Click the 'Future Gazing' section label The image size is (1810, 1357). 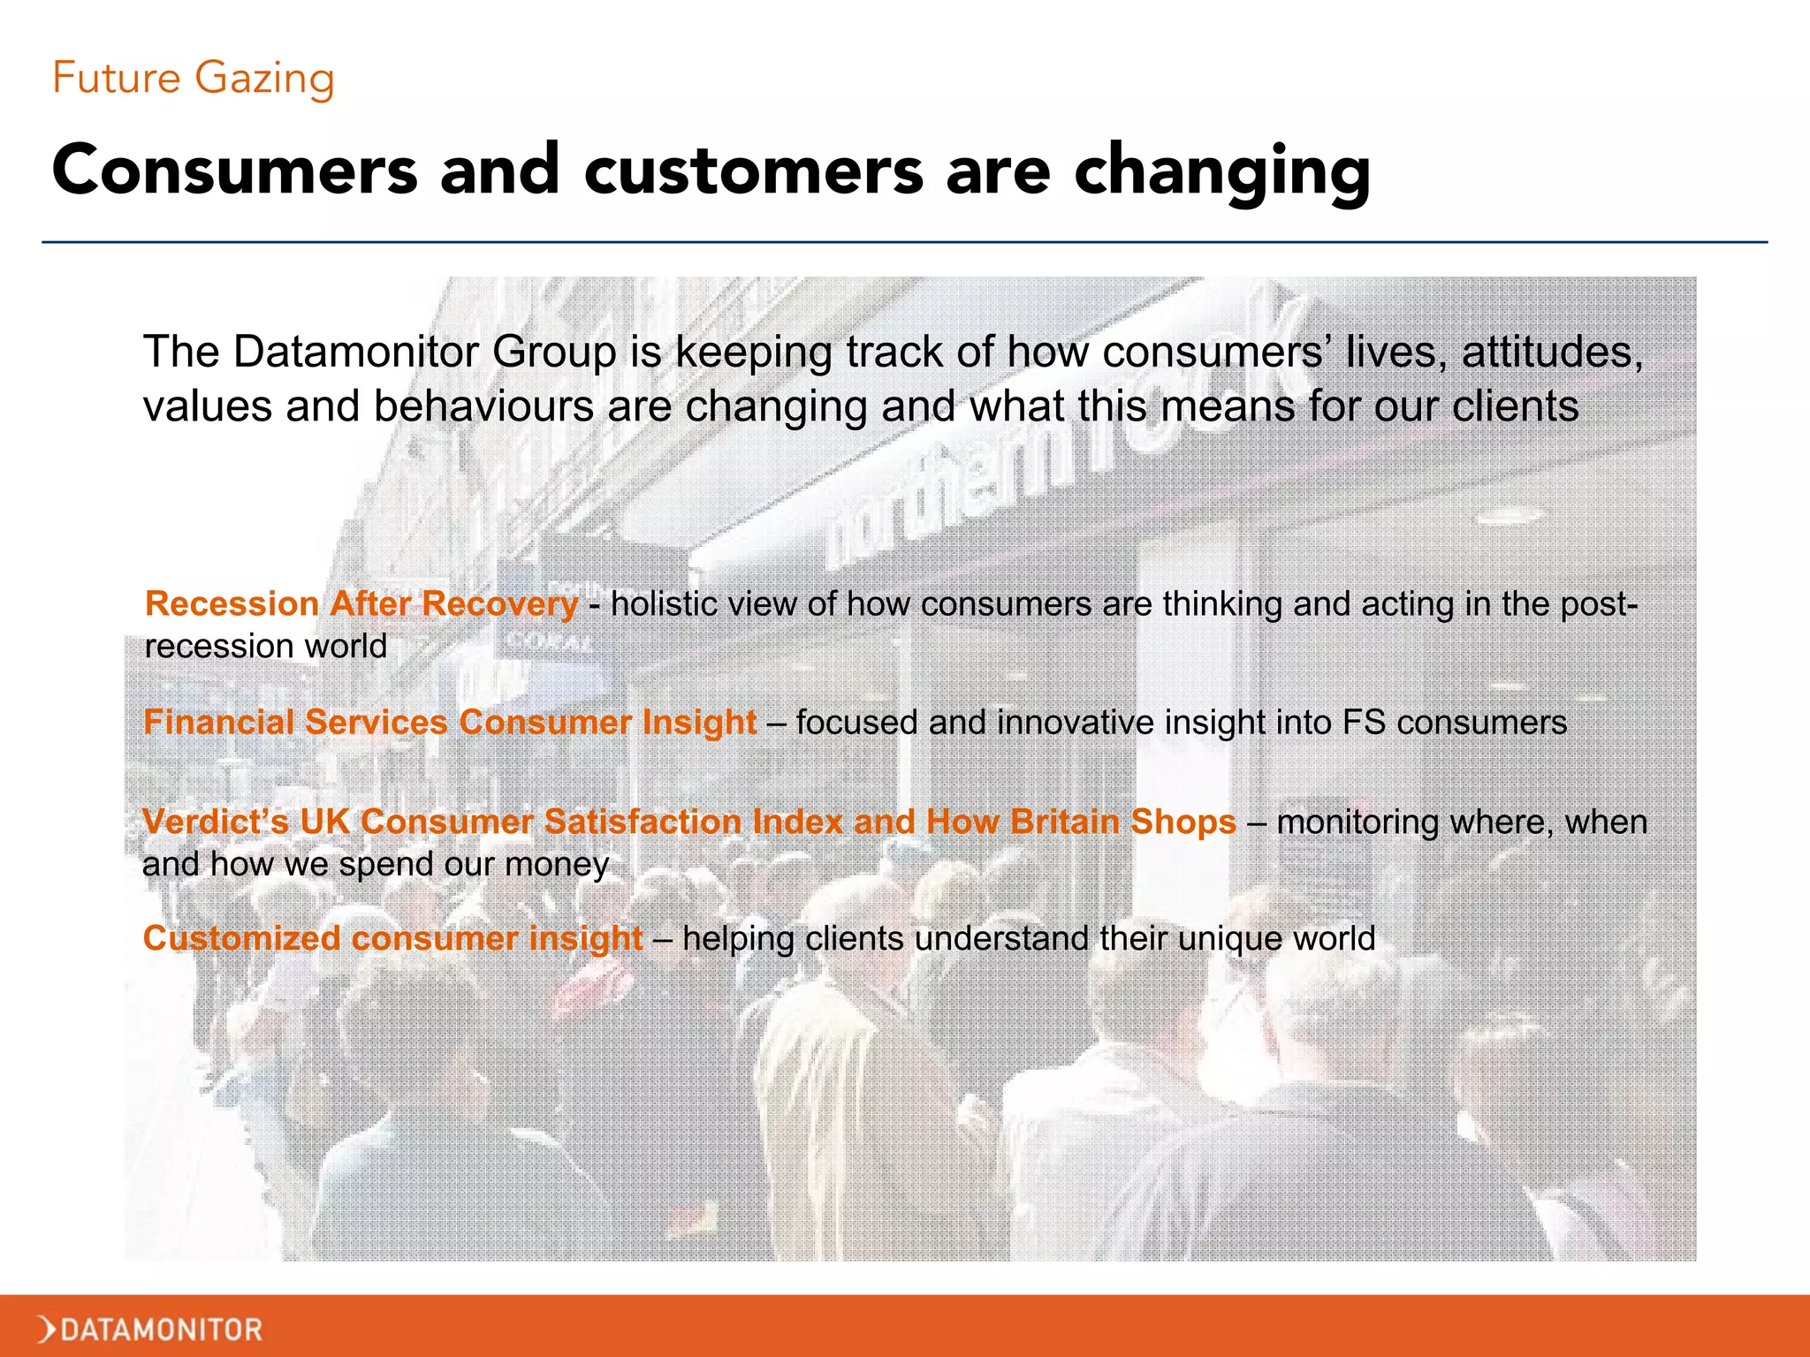[193, 78]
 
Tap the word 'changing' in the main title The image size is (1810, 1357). [1222, 172]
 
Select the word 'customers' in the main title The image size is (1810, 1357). [753, 171]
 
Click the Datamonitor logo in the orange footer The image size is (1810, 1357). [151, 1329]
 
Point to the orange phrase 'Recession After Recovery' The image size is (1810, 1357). [361, 604]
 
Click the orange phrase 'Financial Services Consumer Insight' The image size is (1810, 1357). [449, 723]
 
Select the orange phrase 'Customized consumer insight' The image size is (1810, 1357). [392, 938]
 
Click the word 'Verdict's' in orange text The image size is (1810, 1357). [215, 822]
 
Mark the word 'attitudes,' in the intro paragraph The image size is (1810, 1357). [1552, 353]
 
